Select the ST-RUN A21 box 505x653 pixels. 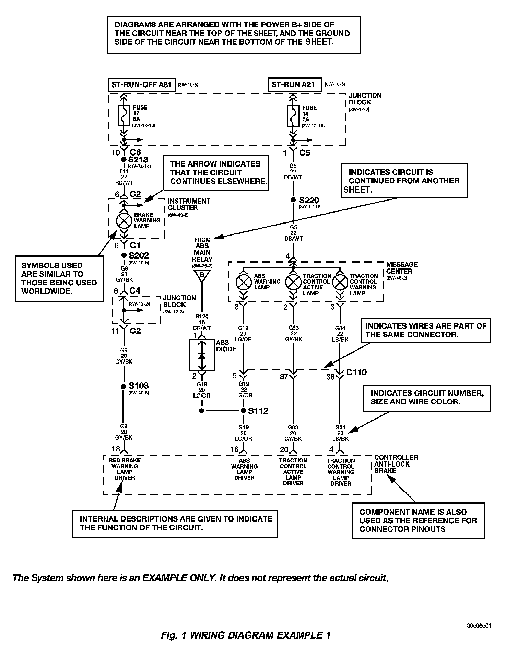[295, 84]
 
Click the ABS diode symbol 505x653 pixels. [202, 355]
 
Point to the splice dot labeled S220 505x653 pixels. [293, 200]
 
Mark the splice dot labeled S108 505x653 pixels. [124, 386]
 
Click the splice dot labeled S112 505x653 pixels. [243, 411]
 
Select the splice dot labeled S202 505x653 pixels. [124, 255]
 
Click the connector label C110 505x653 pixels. [356, 372]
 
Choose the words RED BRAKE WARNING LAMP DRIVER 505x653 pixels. [125, 469]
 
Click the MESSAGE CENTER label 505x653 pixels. [402, 268]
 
